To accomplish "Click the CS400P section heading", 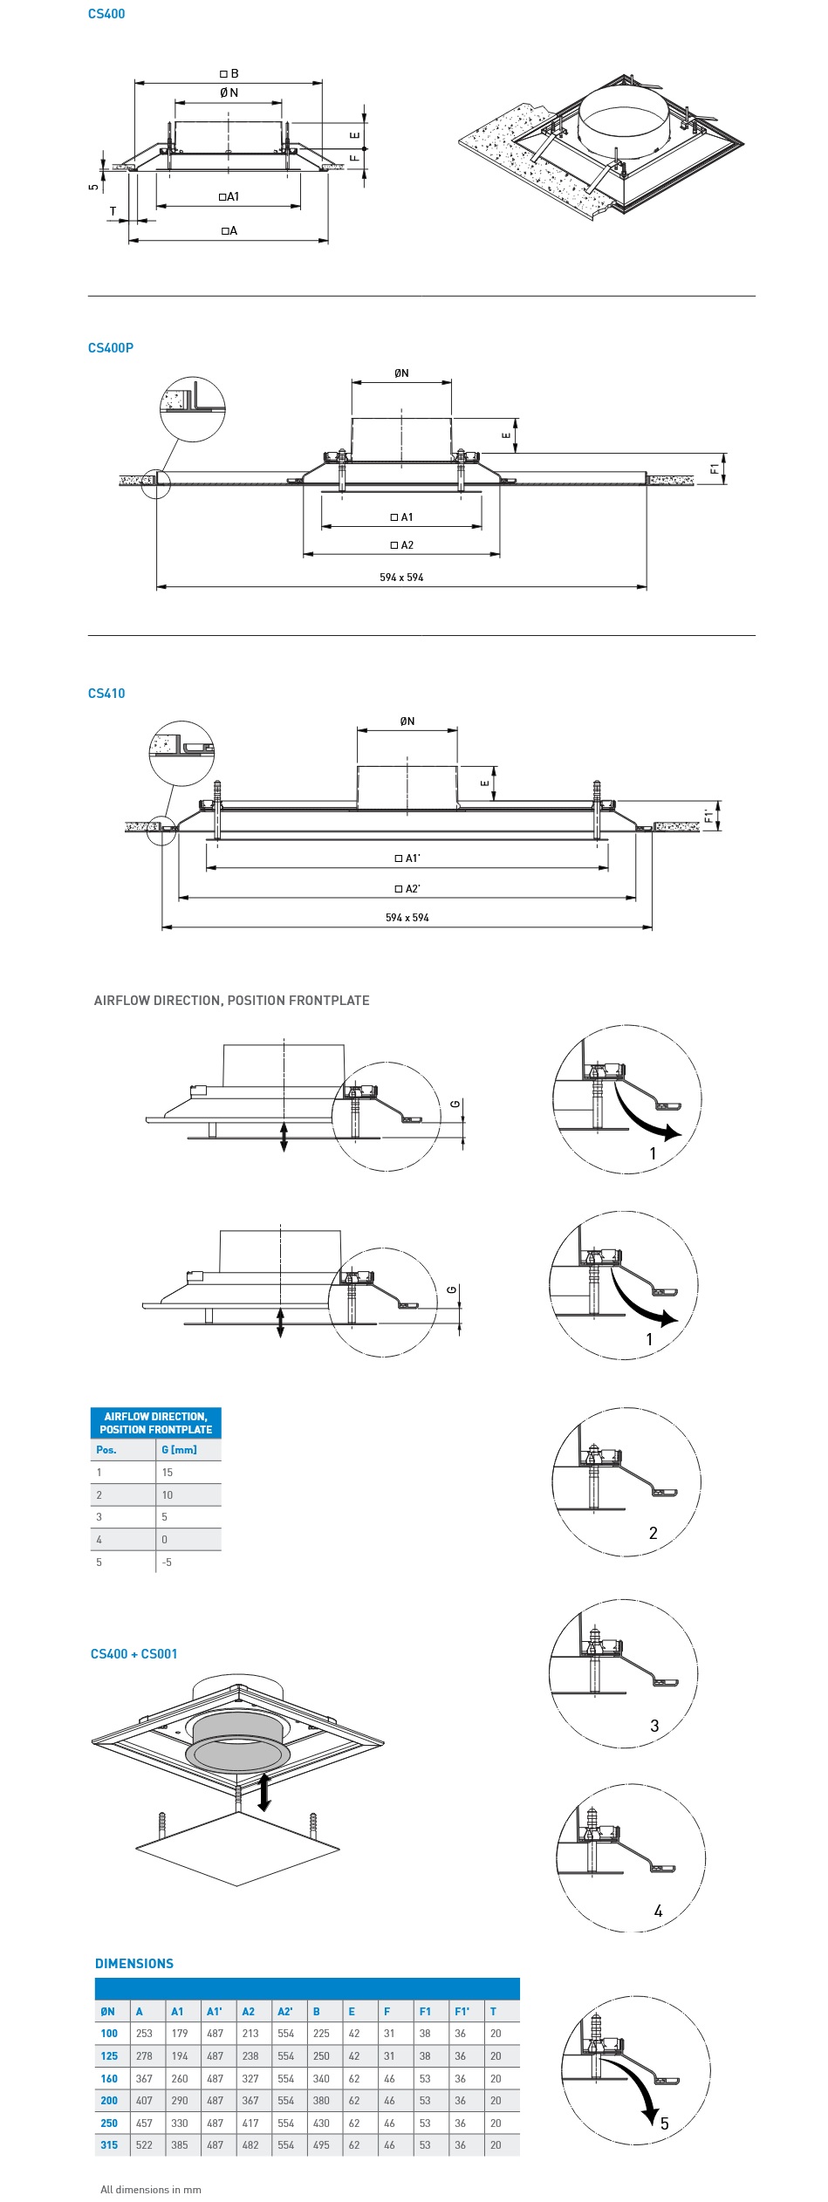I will coord(111,348).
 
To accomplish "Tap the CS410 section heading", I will coord(106,694).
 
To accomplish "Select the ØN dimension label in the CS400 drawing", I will coord(229,92).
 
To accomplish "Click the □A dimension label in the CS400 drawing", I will coord(229,231).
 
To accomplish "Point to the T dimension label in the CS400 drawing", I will coord(113,211).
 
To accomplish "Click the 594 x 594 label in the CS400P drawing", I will coord(401,578).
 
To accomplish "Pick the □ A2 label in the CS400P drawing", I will coord(402,545).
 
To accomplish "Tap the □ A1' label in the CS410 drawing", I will coord(407,858).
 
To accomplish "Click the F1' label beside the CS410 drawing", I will coord(708,817).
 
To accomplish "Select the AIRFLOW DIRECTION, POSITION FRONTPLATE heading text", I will coord(231,1001).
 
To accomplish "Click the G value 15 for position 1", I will coord(168,1473).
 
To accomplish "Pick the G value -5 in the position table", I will coord(167,1563).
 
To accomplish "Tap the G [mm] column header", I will coord(179,1450).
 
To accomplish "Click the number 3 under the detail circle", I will coord(654,1726).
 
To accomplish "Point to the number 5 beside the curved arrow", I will coord(664,2123).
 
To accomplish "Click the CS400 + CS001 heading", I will coord(133,1654).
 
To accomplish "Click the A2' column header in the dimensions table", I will coord(285,2012).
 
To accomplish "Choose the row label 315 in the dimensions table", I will coord(109,2145).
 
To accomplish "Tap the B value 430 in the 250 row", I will coord(321,2123).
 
